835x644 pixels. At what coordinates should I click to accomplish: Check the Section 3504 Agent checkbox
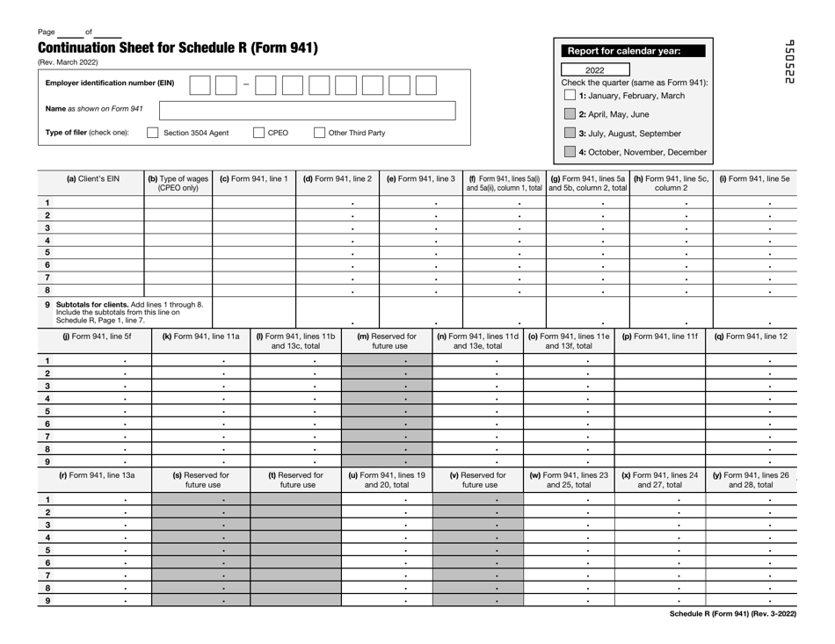[153, 134]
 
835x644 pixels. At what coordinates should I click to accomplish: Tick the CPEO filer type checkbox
[259, 134]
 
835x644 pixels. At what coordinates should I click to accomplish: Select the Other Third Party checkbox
[321, 134]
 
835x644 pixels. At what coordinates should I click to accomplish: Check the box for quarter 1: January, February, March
[570, 95]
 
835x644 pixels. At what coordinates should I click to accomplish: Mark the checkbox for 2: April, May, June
[570, 114]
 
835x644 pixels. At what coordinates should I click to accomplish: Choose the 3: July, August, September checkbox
[570, 134]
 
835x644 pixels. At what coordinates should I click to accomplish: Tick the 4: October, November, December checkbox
[570, 152]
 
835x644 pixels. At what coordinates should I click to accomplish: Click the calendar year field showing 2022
[595, 70]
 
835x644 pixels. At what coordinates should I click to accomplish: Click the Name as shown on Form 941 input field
[307, 110]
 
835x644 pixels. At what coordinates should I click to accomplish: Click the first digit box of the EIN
[200, 85]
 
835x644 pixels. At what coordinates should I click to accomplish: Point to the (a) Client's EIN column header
[91, 179]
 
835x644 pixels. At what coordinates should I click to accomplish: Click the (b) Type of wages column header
[178, 185]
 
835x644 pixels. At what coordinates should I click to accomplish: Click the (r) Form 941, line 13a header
[91, 475]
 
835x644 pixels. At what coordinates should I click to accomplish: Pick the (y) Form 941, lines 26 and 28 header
[755, 481]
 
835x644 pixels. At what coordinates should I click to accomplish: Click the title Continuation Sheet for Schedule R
[178, 48]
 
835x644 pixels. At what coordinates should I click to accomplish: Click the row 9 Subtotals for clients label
[123, 311]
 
